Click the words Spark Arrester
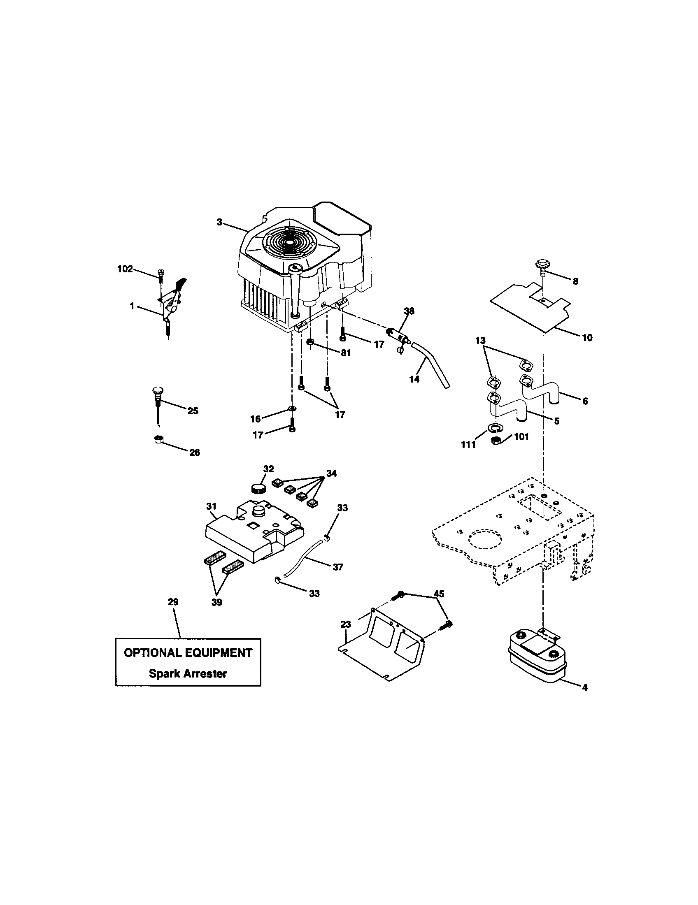point(188,673)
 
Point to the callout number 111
point(468,445)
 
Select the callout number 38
point(409,311)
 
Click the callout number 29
point(173,602)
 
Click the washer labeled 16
point(292,410)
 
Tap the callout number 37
point(338,567)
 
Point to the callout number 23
point(346,624)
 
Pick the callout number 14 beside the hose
point(414,379)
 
